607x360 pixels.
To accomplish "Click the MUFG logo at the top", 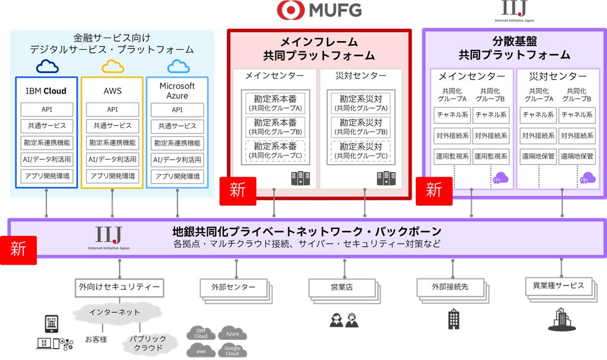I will point(319,11).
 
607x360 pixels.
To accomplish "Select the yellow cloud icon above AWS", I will point(113,66).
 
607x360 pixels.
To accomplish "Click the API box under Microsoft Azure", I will point(177,110).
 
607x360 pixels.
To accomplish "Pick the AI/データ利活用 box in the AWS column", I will point(113,160).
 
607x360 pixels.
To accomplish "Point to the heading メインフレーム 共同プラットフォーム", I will point(319,49).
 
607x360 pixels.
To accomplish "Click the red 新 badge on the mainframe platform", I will point(238,191).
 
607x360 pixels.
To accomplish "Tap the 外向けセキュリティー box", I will point(119,287).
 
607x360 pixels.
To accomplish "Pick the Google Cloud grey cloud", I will point(232,350).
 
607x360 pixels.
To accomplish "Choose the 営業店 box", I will point(341,287).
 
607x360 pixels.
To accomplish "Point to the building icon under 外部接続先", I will point(454,319).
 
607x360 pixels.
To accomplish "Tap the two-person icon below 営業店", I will point(344,321).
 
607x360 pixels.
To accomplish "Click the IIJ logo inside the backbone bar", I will point(108,237).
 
